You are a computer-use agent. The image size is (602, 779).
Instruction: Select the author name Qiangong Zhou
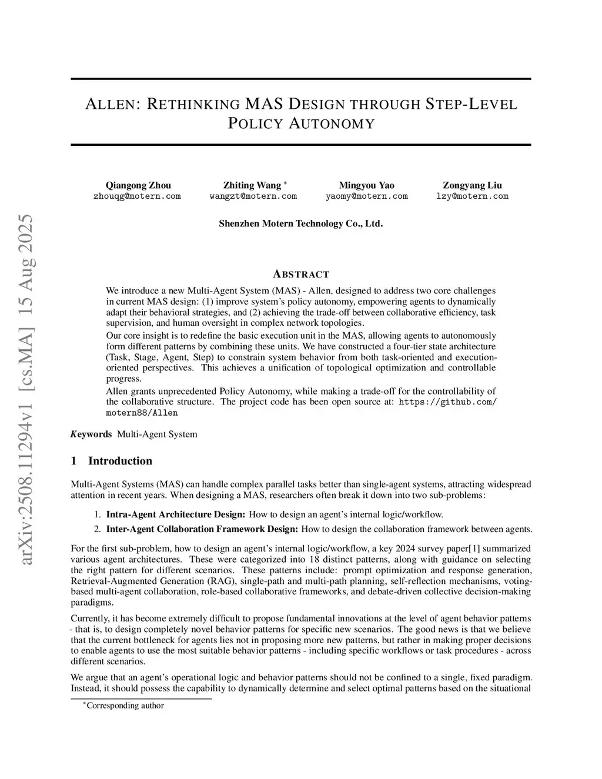pos(138,185)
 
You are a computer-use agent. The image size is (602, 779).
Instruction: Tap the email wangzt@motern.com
pos(253,196)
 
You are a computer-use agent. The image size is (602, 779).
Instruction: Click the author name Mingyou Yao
pos(366,185)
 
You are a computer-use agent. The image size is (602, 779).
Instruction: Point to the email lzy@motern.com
pos(472,196)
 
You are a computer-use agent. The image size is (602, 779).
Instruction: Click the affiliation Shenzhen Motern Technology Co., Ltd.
pos(300,223)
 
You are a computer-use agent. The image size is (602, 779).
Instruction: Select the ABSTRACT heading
pos(301,275)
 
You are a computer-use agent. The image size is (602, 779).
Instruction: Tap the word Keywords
pos(91,434)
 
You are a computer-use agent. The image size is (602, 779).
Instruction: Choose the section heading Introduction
pos(120,461)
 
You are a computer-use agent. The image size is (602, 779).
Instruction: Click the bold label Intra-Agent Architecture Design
pos(175,515)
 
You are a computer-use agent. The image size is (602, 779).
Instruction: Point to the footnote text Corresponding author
pos(125,706)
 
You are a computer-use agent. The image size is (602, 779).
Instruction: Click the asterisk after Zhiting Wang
pos(285,183)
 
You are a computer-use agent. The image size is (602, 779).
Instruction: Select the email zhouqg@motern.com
pos(137,196)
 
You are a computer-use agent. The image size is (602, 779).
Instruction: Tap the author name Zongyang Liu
pos(472,185)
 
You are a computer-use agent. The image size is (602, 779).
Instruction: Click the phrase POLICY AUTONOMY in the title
pos(300,124)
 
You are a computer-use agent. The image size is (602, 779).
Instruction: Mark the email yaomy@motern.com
pos(366,196)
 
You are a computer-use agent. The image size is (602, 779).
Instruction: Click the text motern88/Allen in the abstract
pos(142,413)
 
